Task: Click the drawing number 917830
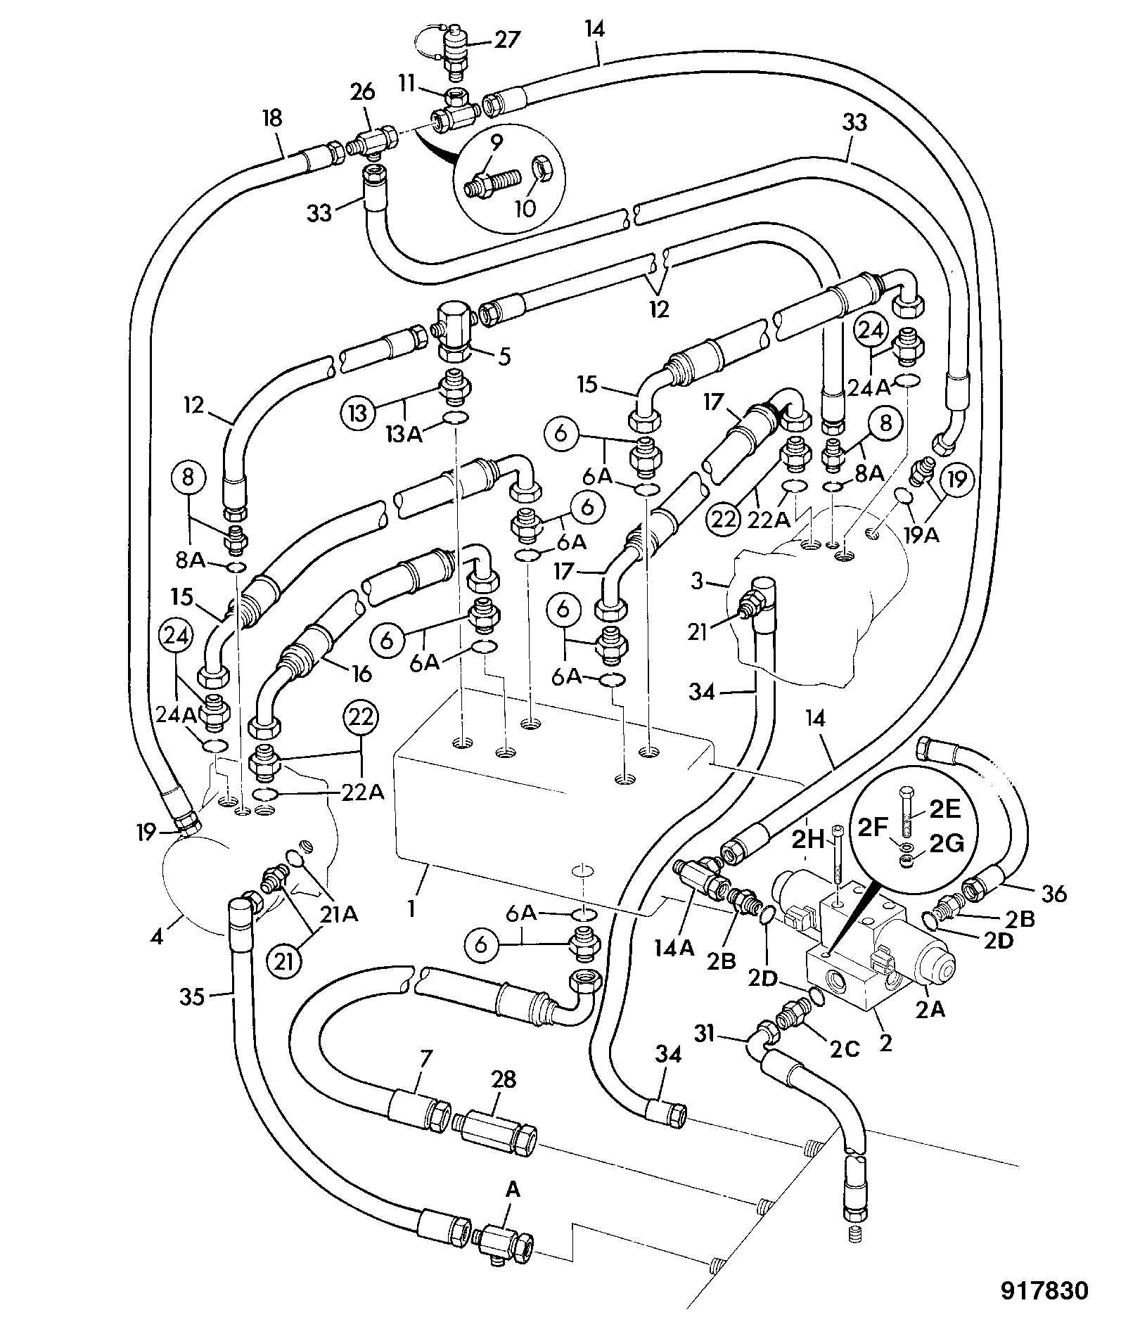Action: tap(1044, 1291)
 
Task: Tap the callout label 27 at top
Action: tap(506, 39)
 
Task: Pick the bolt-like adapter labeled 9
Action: tap(490, 184)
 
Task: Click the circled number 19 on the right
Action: tap(956, 481)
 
